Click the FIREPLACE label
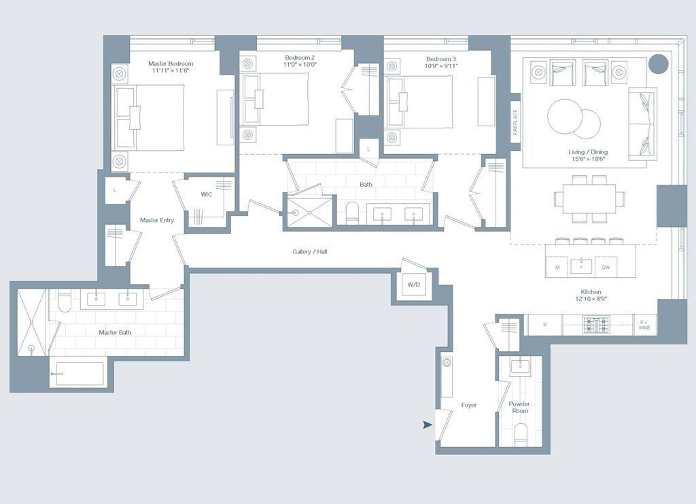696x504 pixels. (515, 122)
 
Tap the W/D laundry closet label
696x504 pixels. (414, 285)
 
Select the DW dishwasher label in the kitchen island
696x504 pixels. (606, 268)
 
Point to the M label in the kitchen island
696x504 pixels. (557, 268)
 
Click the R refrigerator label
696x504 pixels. (544, 325)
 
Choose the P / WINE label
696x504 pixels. (644, 325)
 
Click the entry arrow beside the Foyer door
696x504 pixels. (428, 425)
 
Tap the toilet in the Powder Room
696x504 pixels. (520, 434)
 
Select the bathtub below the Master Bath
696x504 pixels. (80, 374)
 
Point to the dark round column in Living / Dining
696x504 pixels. (658, 64)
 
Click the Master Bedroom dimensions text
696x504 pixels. (171, 70)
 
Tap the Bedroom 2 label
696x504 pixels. (300, 58)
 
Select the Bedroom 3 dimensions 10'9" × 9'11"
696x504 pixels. (441, 66)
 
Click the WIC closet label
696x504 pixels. (207, 194)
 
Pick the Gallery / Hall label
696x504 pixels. (310, 251)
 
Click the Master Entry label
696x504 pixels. (157, 220)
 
